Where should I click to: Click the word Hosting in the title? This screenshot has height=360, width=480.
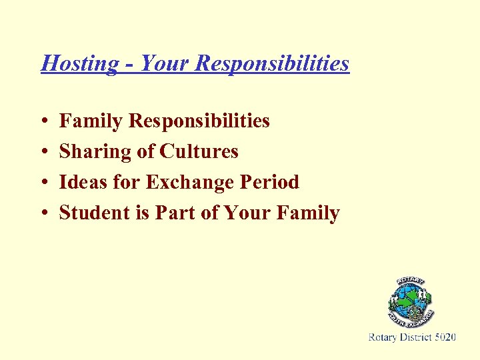tap(79, 63)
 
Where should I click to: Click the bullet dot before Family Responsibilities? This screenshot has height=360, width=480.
tap(43, 122)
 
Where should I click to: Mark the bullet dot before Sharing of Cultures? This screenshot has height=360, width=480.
tap(43, 153)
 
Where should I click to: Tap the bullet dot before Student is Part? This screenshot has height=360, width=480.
tap(43, 214)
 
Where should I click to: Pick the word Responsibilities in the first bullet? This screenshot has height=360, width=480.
tap(199, 121)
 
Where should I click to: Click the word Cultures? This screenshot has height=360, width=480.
tap(199, 151)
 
